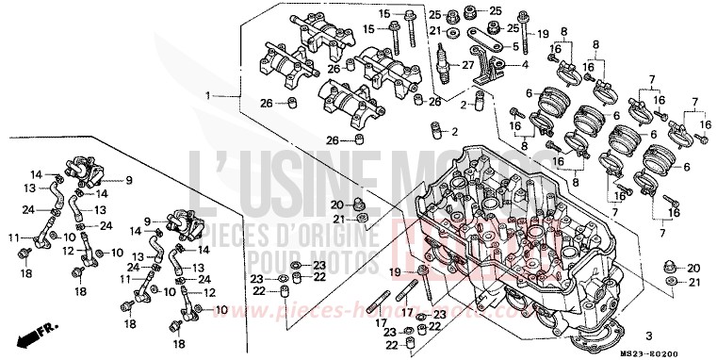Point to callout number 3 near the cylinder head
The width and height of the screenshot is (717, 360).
[x=648, y=335]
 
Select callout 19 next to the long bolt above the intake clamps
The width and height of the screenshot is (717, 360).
[x=544, y=35]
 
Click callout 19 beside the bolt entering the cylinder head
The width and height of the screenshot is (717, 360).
[x=397, y=272]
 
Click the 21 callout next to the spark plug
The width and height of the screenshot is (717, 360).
[x=435, y=31]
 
